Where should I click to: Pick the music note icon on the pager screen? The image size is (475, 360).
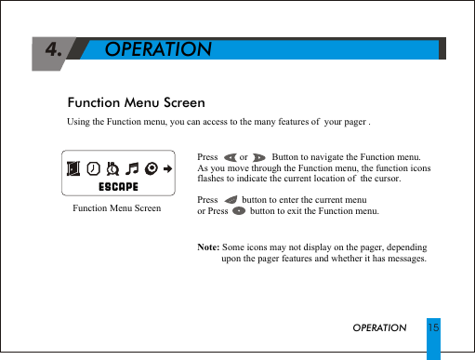pyautogui.click(x=132, y=168)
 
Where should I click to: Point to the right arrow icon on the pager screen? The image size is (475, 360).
pyautogui.click(x=168, y=168)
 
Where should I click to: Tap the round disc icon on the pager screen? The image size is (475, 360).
pyautogui.click(x=151, y=168)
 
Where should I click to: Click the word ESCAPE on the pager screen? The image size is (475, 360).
pyautogui.click(x=119, y=186)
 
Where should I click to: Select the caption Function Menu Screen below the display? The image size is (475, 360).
pyautogui.click(x=116, y=207)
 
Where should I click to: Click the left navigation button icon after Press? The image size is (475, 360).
pyautogui.click(x=231, y=157)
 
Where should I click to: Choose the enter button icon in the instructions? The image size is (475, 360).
pyautogui.click(x=231, y=200)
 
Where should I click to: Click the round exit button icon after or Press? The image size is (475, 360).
pyautogui.click(x=239, y=211)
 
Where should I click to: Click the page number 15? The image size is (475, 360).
pyautogui.click(x=433, y=327)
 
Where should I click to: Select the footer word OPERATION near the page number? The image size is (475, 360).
pyautogui.click(x=379, y=328)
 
